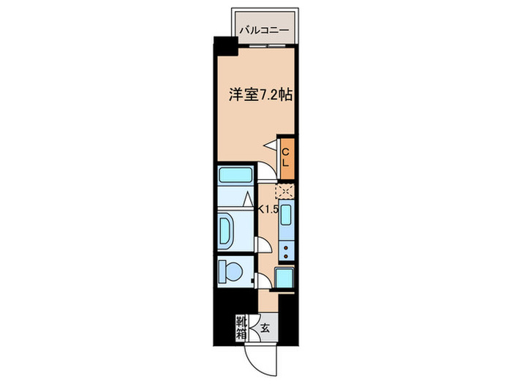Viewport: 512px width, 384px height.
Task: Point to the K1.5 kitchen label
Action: pyautogui.click(x=265, y=209)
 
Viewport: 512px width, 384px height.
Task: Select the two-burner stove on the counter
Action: pyautogui.click(x=285, y=252)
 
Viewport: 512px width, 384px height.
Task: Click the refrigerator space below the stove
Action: pyautogui.click(x=284, y=279)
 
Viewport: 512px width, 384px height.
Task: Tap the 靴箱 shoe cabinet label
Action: pyautogui.click(x=239, y=327)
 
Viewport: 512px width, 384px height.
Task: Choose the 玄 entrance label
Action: pyautogui.click(x=265, y=328)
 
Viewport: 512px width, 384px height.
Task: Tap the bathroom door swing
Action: pyautogui.click(x=261, y=245)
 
